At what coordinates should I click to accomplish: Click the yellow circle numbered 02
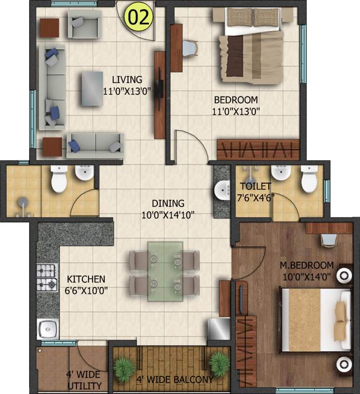[x=140, y=17]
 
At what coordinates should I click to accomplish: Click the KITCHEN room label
[x=86, y=279]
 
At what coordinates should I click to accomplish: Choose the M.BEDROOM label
[x=306, y=265]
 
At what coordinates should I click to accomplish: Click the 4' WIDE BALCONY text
[x=174, y=380]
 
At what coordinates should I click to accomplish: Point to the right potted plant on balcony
[x=219, y=363]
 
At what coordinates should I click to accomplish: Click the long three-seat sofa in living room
[x=52, y=86]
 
